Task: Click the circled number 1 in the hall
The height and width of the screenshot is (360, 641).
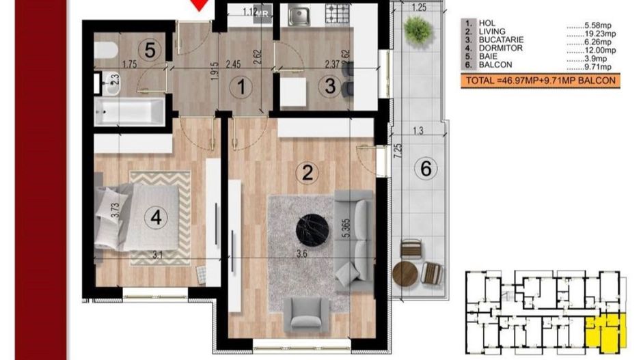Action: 240,87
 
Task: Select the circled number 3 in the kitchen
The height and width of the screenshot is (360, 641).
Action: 330,87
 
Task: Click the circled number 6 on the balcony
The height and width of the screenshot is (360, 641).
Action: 425,169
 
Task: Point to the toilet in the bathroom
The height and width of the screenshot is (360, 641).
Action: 107,51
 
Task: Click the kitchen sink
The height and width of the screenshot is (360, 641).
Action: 298,14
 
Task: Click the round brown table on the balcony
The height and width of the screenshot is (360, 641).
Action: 405,274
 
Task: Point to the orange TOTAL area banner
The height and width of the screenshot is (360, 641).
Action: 540,81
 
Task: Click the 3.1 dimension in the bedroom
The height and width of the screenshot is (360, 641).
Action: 157,255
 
